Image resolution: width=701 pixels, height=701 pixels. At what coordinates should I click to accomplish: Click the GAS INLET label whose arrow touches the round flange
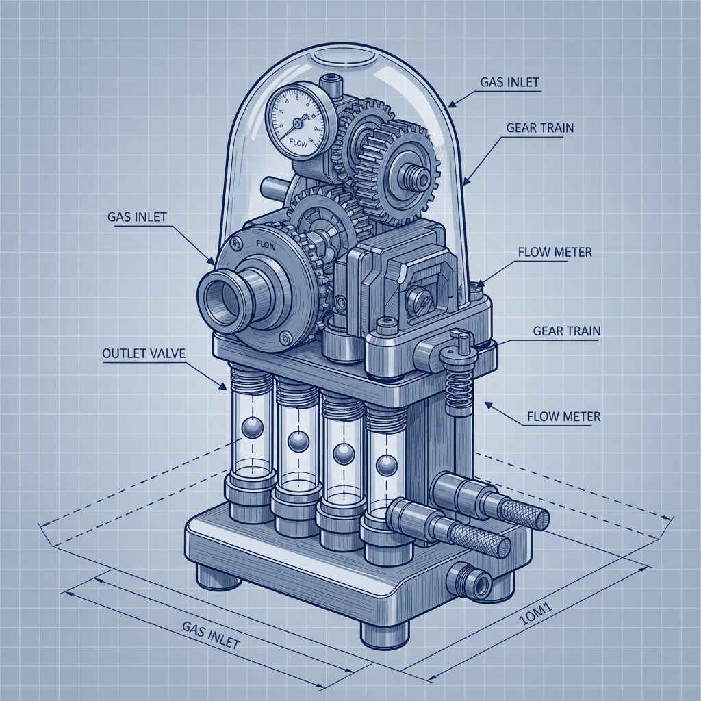click(138, 217)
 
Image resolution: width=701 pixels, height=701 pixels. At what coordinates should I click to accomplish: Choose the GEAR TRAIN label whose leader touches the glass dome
click(540, 128)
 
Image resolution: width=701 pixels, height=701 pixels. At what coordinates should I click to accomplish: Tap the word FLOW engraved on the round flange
click(265, 243)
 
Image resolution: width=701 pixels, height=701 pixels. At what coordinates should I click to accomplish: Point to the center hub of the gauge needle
click(296, 123)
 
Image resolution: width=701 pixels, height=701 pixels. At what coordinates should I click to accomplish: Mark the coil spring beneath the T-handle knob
click(456, 391)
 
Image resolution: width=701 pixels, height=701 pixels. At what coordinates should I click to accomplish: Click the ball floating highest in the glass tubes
click(251, 429)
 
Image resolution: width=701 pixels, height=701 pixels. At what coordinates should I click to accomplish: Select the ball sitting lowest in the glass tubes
click(385, 467)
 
